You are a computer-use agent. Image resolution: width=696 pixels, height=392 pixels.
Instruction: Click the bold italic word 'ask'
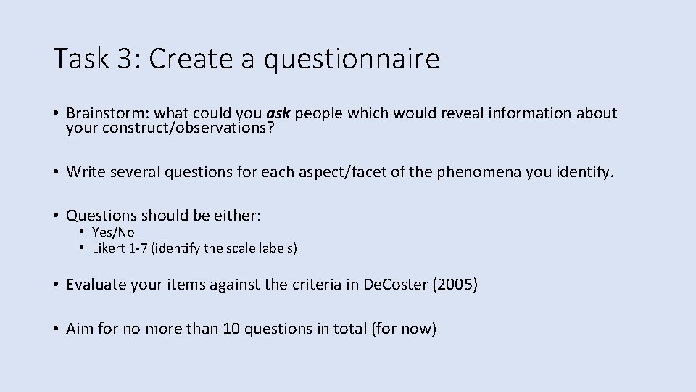pos(278,113)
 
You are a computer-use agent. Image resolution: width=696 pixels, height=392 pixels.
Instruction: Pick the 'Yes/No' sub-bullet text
pos(113,232)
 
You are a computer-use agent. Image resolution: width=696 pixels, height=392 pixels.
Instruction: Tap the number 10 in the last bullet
pos(233,329)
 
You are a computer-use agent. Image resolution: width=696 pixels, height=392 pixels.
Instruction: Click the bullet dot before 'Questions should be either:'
pos(56,216)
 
